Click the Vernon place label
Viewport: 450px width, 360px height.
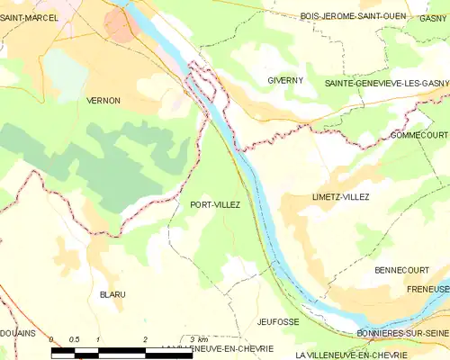[x=103, y=101]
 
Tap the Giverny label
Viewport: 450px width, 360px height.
[x=285, y=80]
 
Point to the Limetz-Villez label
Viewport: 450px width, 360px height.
[x=315, y=196]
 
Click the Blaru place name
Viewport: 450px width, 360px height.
[x=112, y=294]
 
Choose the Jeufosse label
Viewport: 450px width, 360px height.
[x=277, y=321]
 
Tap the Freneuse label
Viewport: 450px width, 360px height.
[x=427, y=290]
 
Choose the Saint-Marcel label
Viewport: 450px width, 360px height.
[x=30, y=17]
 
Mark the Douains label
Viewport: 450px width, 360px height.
[x=17, y=334]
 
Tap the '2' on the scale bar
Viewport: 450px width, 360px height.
[x=144, y=338]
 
